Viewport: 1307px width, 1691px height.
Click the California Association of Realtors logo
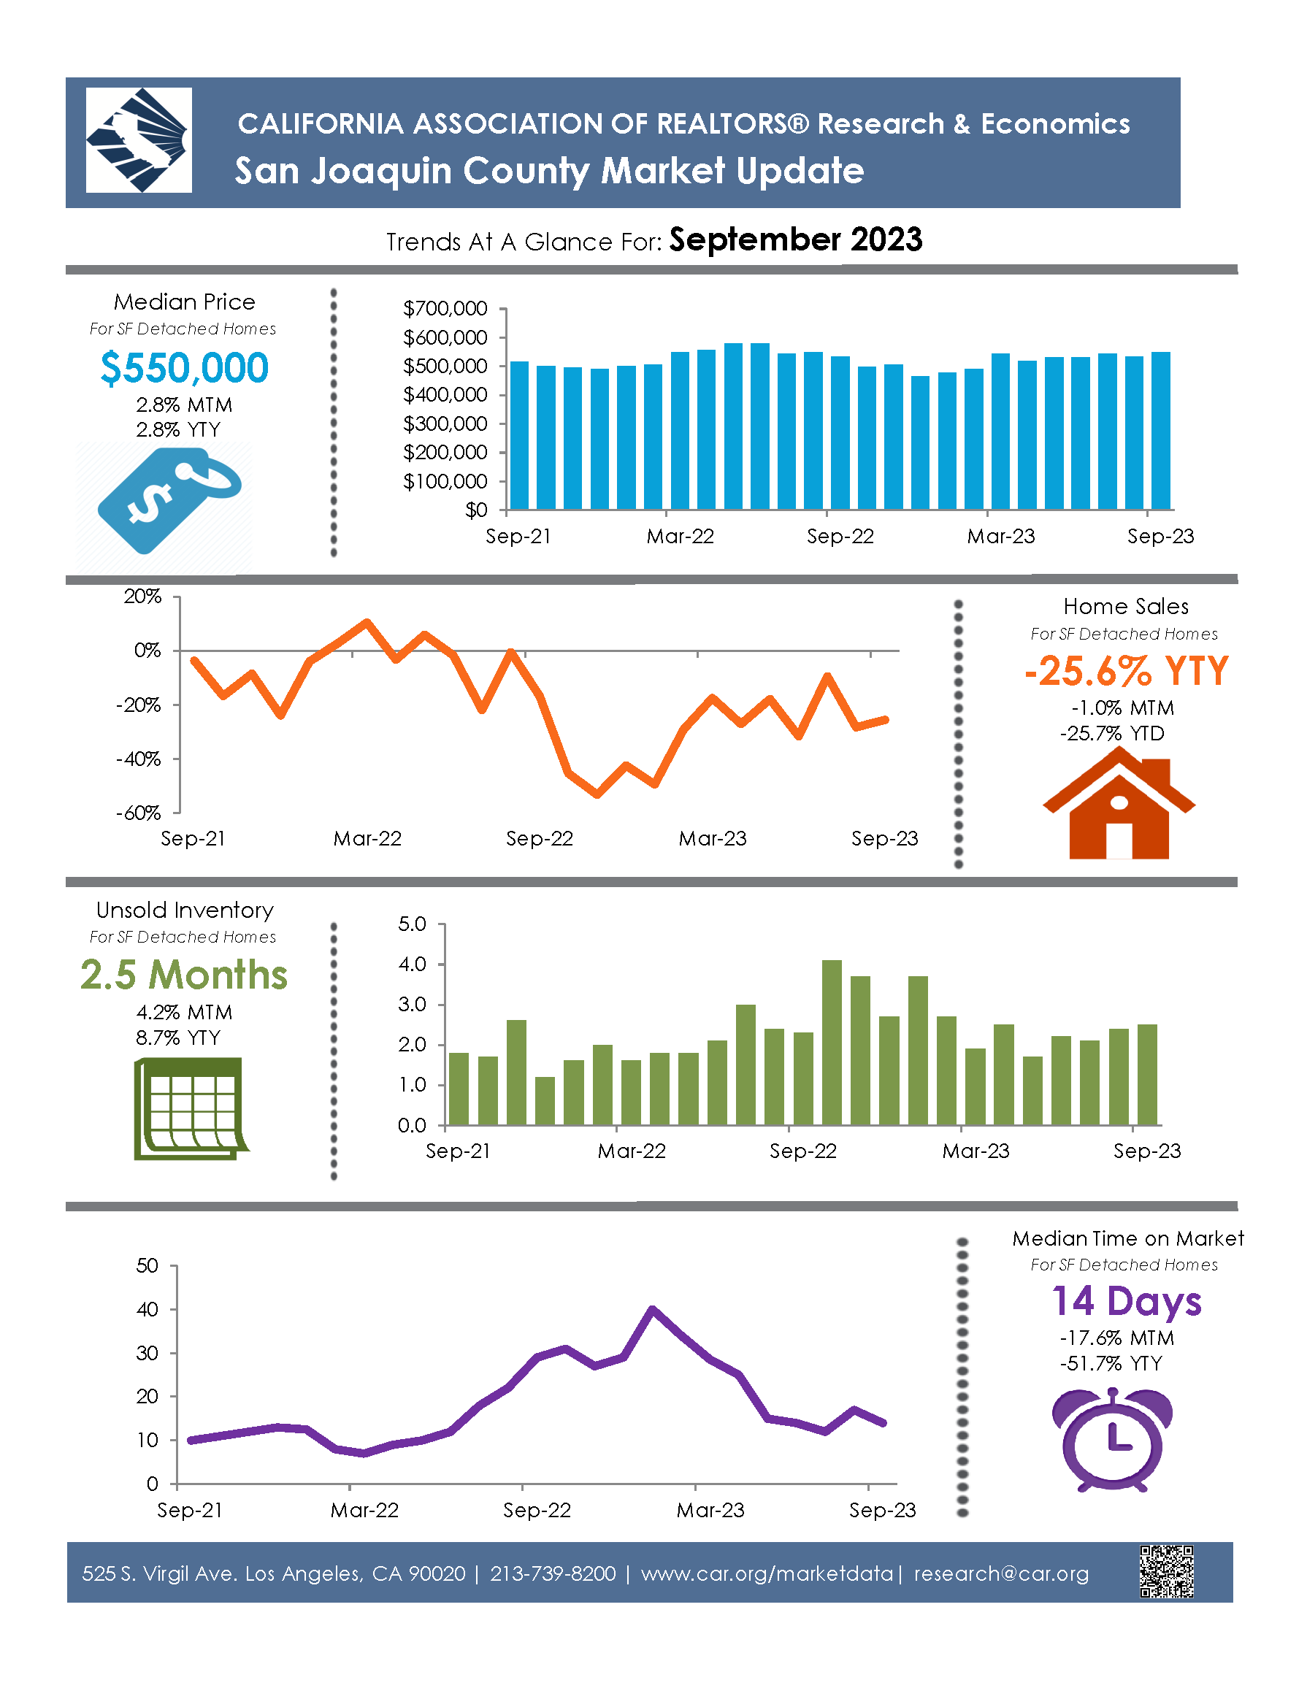coord(139,140)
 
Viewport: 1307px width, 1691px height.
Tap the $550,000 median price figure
coord(184,368)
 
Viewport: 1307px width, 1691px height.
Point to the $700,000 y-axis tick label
coord(445,308)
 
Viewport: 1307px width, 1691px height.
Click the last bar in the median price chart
coord(1161,431)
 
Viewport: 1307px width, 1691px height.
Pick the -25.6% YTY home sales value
coord(1126,670)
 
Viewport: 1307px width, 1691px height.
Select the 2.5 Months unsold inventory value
coord(184,974)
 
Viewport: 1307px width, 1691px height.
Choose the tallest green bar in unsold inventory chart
coord(832,1042)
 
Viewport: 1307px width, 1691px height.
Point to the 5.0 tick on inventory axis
coord(412,924)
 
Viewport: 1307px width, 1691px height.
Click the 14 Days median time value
coord(1127,1301)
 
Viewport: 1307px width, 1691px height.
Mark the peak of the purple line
coord(653,1308)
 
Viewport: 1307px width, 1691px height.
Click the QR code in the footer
coord(1166,1571)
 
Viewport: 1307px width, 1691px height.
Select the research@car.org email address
coord(1001,1573)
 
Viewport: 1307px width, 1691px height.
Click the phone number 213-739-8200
coord(553,1573)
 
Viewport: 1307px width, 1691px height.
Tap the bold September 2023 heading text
coord(796,240)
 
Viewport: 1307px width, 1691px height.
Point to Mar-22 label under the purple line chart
coord(364,1510)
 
